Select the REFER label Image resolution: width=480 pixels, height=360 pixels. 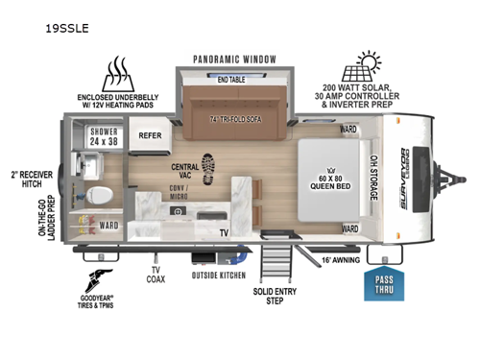150,136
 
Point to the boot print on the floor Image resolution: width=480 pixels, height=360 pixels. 210,165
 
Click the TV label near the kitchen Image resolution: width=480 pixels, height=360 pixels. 224,232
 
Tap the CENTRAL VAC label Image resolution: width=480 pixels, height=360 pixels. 185,170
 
